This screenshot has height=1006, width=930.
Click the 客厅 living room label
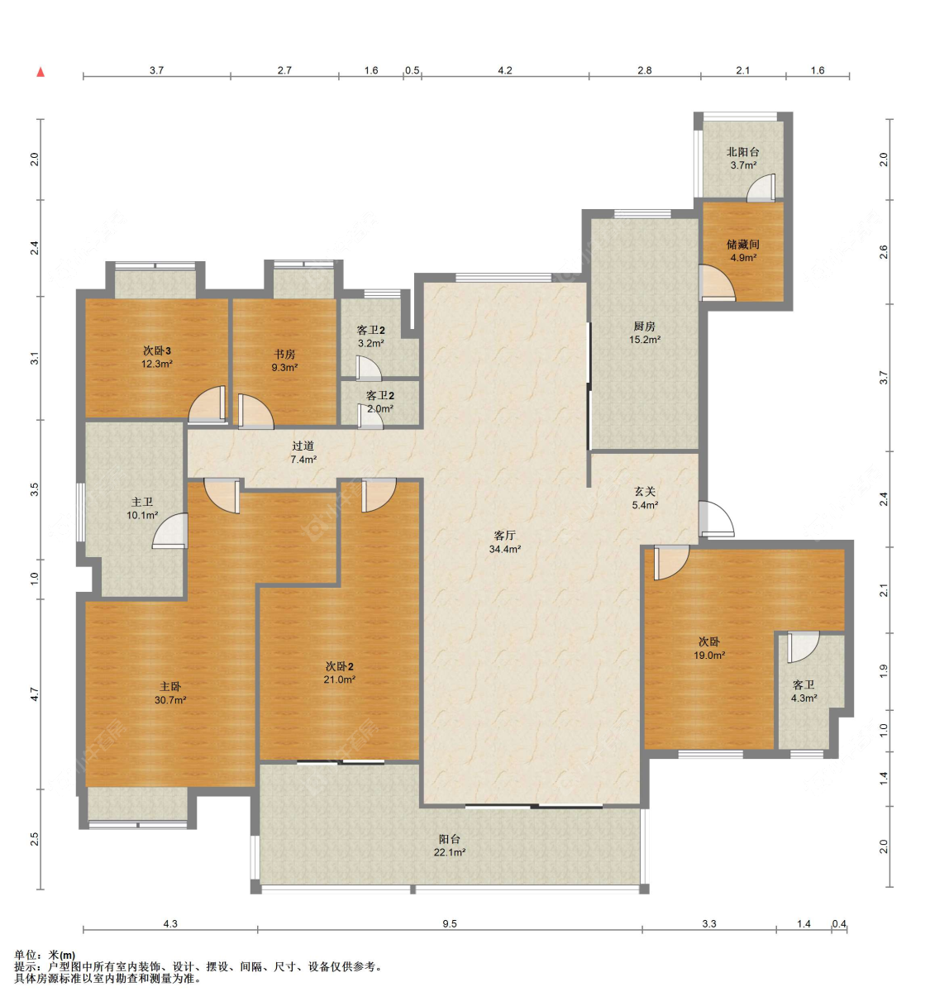click(x=504, y=536)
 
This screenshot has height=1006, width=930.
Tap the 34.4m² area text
click(x=505, y=549)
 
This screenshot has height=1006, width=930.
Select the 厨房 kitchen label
click(x=644, y=327)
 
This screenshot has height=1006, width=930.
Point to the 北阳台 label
click(x=742, y=151)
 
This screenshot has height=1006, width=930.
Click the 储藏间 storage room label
click(x=742, y=244)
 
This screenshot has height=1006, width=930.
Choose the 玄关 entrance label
click(x=645, y=491)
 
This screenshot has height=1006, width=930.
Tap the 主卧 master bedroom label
click(x=170, y=686)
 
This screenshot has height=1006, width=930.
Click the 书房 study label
click(x=284, y=354)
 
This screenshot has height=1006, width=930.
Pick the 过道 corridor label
click(x=303, y=446)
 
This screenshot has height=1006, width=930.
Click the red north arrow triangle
click(x=41, y=72)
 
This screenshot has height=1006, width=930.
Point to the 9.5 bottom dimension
click(x=450, y=923)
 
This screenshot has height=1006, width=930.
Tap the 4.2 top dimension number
click(x=505, y=70)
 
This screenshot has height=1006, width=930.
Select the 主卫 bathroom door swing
click(x=169, y=531)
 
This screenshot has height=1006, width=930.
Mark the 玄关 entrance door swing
click(x=716, y=518)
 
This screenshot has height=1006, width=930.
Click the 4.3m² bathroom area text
click(x=804, y=698)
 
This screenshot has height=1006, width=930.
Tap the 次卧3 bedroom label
click(x=156, y=350)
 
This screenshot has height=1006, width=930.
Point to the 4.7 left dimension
click(x=35, y=694)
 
